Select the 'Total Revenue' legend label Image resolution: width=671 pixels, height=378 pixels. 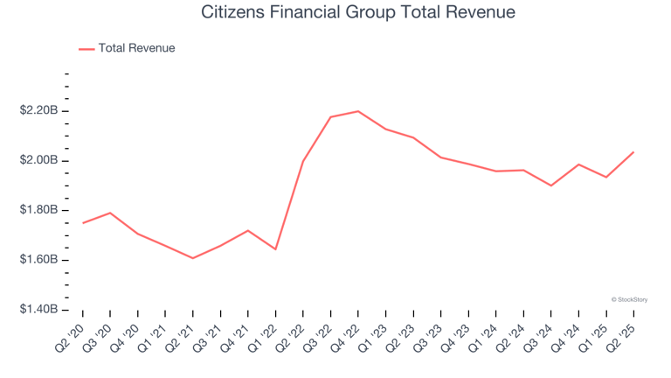pyautogui.click(x=136, y=48)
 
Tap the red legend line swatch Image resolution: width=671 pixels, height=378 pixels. pyautogui.click(x=86, y=49)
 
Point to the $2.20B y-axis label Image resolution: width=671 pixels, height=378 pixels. pyautogui.click(x=39, y=111)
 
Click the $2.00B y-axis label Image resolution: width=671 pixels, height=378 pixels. pyautogui.click(x=39, y=161)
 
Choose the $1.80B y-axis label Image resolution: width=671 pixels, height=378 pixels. pyautogui.click(x=39, y=211)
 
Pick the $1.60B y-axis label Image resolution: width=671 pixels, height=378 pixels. pyautogui.click(x=39, y=261)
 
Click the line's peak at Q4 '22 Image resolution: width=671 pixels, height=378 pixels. pyautogui.click(x=358, y=111)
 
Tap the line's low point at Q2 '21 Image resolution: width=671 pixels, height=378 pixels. pyautogui.click(x=193, y=258)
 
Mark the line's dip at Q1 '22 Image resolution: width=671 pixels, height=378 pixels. pyautogui.click(x=275, y=249)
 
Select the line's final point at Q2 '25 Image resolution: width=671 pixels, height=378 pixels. pyautogui.click(x=633, y=152)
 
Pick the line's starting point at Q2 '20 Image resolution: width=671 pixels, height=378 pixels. pyautogui.click(x=83, y=223)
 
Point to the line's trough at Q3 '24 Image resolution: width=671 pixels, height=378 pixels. pyautogui.click(x=550, y=185)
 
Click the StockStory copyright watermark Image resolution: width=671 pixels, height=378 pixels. pyautogui.click(x=629, y=299)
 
